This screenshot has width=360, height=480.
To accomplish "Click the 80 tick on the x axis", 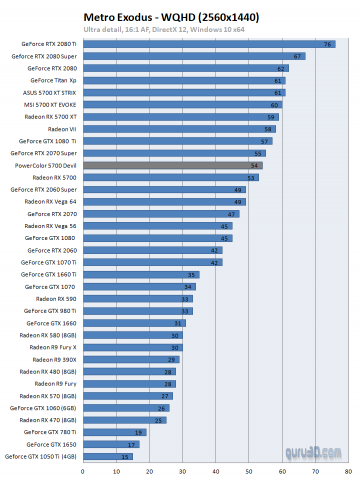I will pos(348,468).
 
